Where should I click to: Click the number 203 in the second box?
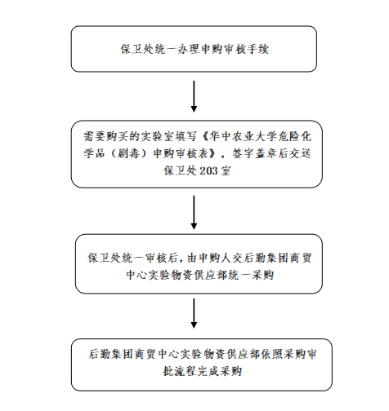(x=208, y=171)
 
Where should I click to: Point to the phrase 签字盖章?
(x=254, y=153)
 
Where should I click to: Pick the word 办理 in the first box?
(x=188, y=49)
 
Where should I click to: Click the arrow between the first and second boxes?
(x=194, y=96)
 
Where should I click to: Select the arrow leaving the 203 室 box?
(x=194, y=212)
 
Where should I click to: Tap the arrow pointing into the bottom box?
(x=194, y=313)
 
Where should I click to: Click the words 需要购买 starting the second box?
(x=105, y=136)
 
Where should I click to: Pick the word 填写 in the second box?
(x=186, y=136)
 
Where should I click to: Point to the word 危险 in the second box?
(x=288, y=136)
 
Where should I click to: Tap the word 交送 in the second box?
(x=300, y=153)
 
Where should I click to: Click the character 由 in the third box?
(x=192, y=258)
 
